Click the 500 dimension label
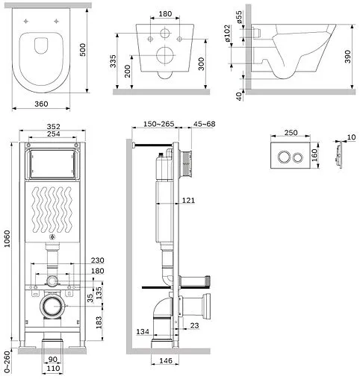(x=83, y=50)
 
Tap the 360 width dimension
(x=41, y=104)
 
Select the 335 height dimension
(x=113, y=61)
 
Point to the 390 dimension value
(x=347, y=57)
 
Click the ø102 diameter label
(x=227, y=33)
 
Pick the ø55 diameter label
(x=239, y=17)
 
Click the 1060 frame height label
(x=7, y=239)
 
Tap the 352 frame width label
(x=54, y=127)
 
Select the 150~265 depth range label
(x=159, y=124)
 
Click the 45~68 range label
(x=205, y=124)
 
